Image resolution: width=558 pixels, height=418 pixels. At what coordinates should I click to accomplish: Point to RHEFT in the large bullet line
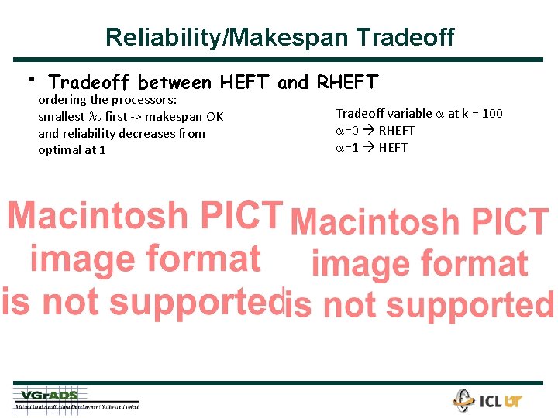347,81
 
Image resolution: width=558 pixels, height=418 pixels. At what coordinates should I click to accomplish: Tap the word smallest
61,117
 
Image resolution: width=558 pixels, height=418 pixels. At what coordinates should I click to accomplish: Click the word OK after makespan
214,117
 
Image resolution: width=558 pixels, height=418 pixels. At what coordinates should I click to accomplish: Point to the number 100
492,114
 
